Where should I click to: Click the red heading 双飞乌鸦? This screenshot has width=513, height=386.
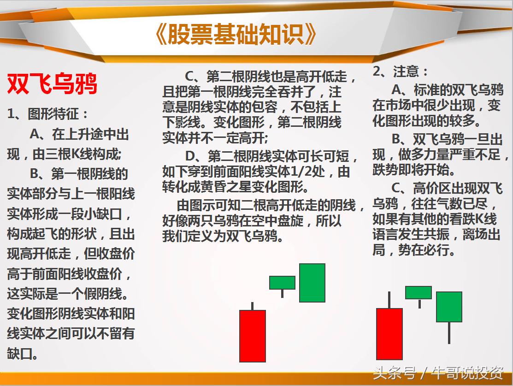(x=52, y=84)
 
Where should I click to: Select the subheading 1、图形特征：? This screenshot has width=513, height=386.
(x=48, y=114)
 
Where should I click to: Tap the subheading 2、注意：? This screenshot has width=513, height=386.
(x=400, y=71)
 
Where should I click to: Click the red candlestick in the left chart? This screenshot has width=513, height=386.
(x=253, y=336)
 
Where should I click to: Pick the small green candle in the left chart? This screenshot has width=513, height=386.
(x=282, y=282)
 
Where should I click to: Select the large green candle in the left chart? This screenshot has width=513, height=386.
(x=312, y=283)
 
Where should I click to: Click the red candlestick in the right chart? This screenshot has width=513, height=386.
(x=389, y=333)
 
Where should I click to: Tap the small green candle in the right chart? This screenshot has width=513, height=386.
(x=419, y=292)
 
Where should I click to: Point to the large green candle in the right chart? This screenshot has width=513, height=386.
(x=449, y=307)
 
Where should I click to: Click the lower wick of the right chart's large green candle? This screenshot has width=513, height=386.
(x=449, y=333)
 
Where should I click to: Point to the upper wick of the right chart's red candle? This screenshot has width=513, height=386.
(x=389, y=300)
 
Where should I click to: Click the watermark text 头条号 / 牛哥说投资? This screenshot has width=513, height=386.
(x=438, y=373)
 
